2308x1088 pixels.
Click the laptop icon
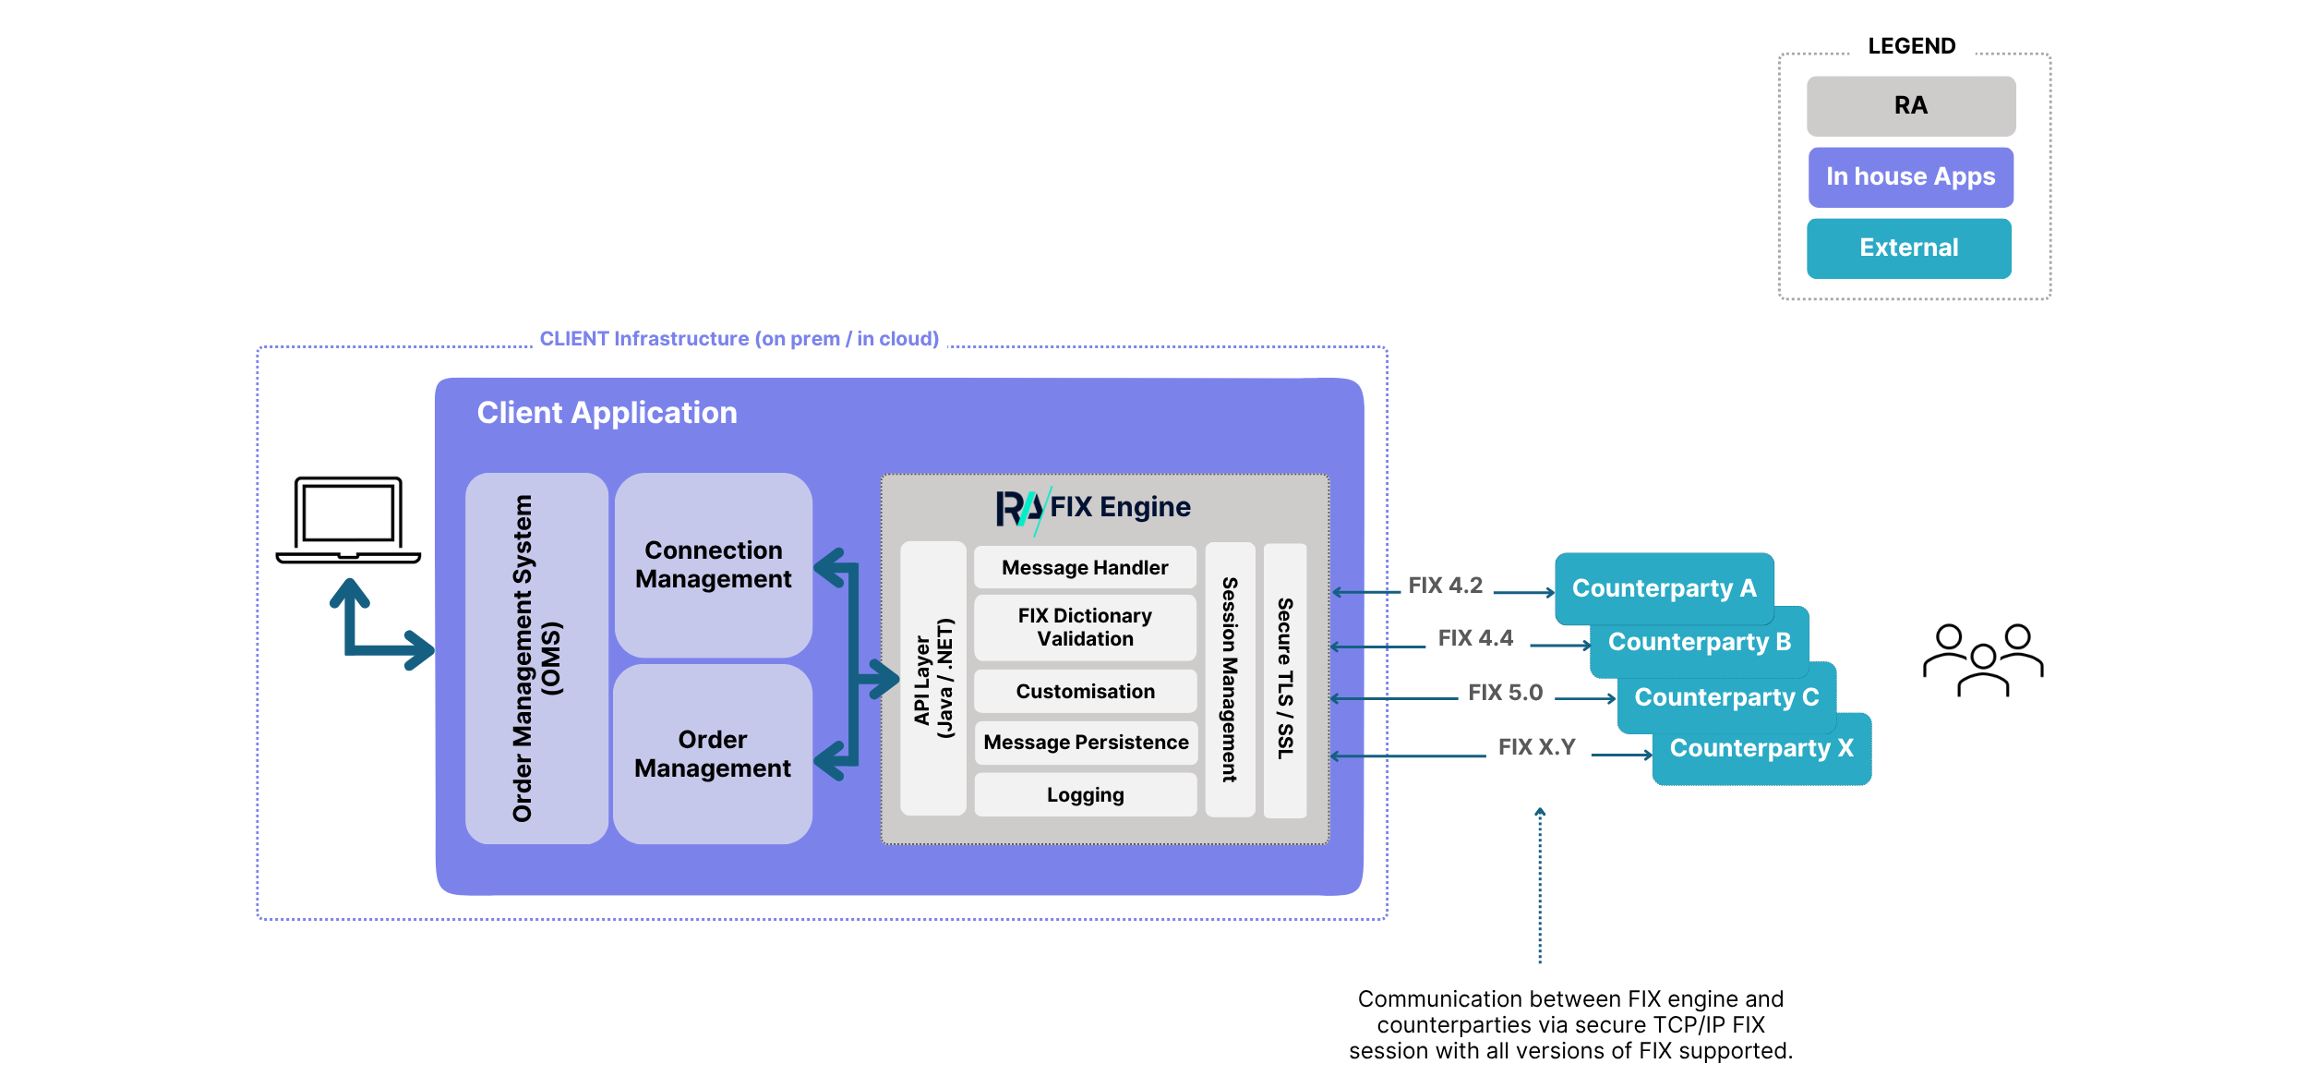[x=348, y=520]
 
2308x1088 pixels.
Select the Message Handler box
[x=1085, y=567]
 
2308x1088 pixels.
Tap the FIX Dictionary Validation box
[x=1085, y=627]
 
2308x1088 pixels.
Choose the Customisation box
[x=1085, y=691]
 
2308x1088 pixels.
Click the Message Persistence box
[x=1085, y=742]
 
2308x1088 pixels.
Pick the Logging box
[x=1085, y=794]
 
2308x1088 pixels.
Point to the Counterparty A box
[x=1664, y=588]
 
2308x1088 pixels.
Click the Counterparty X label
[x=1761, y=748]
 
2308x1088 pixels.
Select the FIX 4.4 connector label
[x=1475, y=638]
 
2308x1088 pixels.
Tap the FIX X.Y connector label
[x=1536, y=747]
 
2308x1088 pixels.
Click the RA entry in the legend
[x=1911, y=106]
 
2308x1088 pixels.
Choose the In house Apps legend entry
[x=1911, y=177]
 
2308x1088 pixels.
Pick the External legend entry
[x=1909, y=248]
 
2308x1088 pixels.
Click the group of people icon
[x=1983, y=659]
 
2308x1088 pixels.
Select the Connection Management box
[x=714, y=565]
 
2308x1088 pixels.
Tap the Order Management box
[x=713, y=754]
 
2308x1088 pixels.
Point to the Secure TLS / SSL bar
[x=1285, y=680]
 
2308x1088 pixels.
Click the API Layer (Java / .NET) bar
[x=933, y=678]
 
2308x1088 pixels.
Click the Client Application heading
[x=607, y=413]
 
